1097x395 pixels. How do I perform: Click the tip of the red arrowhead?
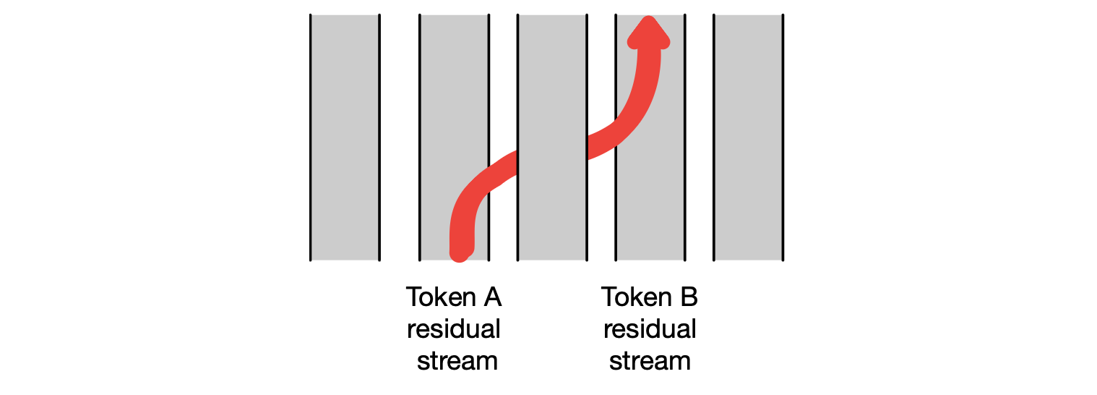[x=649, y=20]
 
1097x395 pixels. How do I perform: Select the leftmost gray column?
[x=345, y=137]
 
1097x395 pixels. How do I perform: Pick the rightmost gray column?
[x=748, y=137]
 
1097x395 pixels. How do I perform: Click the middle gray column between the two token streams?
[x=552, y=87]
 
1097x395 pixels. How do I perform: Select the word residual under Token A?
[x=454, y=329]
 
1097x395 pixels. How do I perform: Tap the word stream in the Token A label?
[x=457, y=360]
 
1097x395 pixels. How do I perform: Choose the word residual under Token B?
[x=650, y=329]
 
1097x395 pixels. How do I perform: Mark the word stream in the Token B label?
[x=650, y=360]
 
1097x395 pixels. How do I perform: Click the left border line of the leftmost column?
[x=311, y=137]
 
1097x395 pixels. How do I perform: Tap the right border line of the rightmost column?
[x=783, y=137]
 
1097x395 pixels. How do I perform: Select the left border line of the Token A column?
[x=420, y=137]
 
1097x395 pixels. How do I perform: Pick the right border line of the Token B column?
[x=684, y=137]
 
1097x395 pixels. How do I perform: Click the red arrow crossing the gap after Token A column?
[x=504, y=170]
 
